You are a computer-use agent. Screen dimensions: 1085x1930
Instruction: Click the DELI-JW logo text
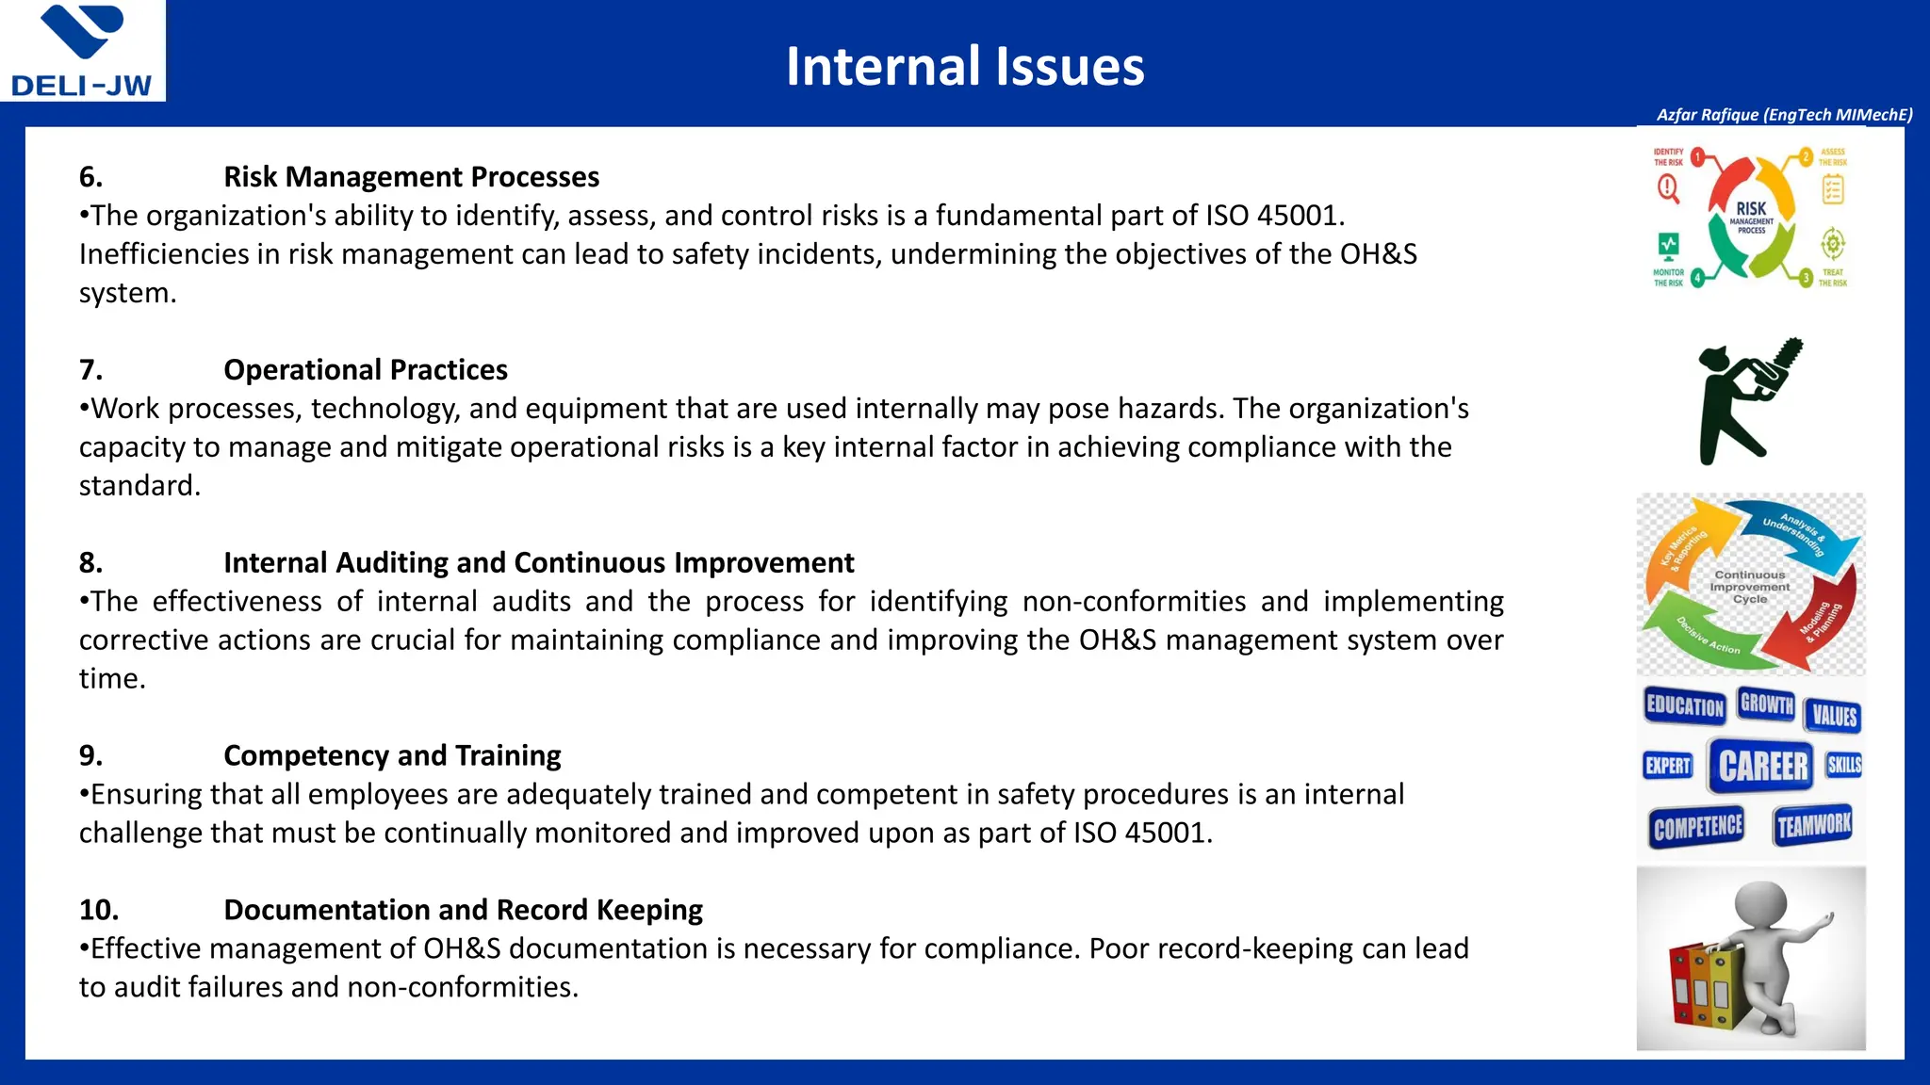pos(81,86)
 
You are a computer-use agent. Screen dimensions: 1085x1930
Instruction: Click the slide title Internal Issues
pos(965,67)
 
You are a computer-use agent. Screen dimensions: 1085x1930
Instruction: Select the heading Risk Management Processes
pos(411,177)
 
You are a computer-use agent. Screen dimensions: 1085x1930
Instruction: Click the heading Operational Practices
pos(365,370)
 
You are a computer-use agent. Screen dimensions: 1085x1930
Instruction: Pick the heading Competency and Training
pos(392,755)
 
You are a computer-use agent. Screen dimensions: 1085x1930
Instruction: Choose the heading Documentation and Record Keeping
pos(463,910)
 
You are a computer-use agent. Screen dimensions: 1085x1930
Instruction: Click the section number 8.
pos(90,563)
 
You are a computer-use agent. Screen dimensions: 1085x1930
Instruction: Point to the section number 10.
pos(99,910)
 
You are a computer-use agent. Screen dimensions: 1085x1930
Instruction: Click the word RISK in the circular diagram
pos(1751,209)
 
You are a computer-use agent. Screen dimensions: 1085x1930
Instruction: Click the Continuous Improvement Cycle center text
pos(1750,587)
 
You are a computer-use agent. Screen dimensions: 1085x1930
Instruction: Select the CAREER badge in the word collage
pos(1763,766)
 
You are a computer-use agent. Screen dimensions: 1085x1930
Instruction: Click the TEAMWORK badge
pos(1814,826)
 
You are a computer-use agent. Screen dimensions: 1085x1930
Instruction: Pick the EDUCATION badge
pos(1684,705)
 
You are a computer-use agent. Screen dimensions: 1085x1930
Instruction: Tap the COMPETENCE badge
pos(1697,828)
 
